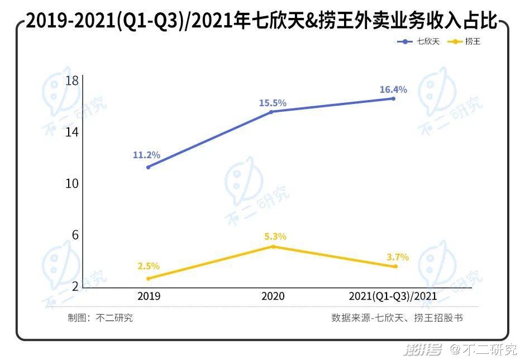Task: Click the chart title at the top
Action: tap(262, 21)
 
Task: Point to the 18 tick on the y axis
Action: tap(71, 81)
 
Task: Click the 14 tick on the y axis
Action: tap(71, 132)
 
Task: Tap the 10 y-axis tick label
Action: tap(71, 184)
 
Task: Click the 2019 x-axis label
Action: tap(148, 296)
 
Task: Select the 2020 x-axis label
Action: tap(273, 296)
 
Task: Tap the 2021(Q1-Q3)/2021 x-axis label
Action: tap(393, 296)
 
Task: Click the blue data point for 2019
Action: tap(148, 167)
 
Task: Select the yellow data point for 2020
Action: tap(273, 246)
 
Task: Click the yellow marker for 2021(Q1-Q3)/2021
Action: tap(395, 267)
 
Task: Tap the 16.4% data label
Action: tap(393, 89)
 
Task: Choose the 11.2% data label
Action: tap(146, 155)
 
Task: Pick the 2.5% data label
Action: tap(149, 266)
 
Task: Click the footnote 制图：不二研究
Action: tap(101, 318)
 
